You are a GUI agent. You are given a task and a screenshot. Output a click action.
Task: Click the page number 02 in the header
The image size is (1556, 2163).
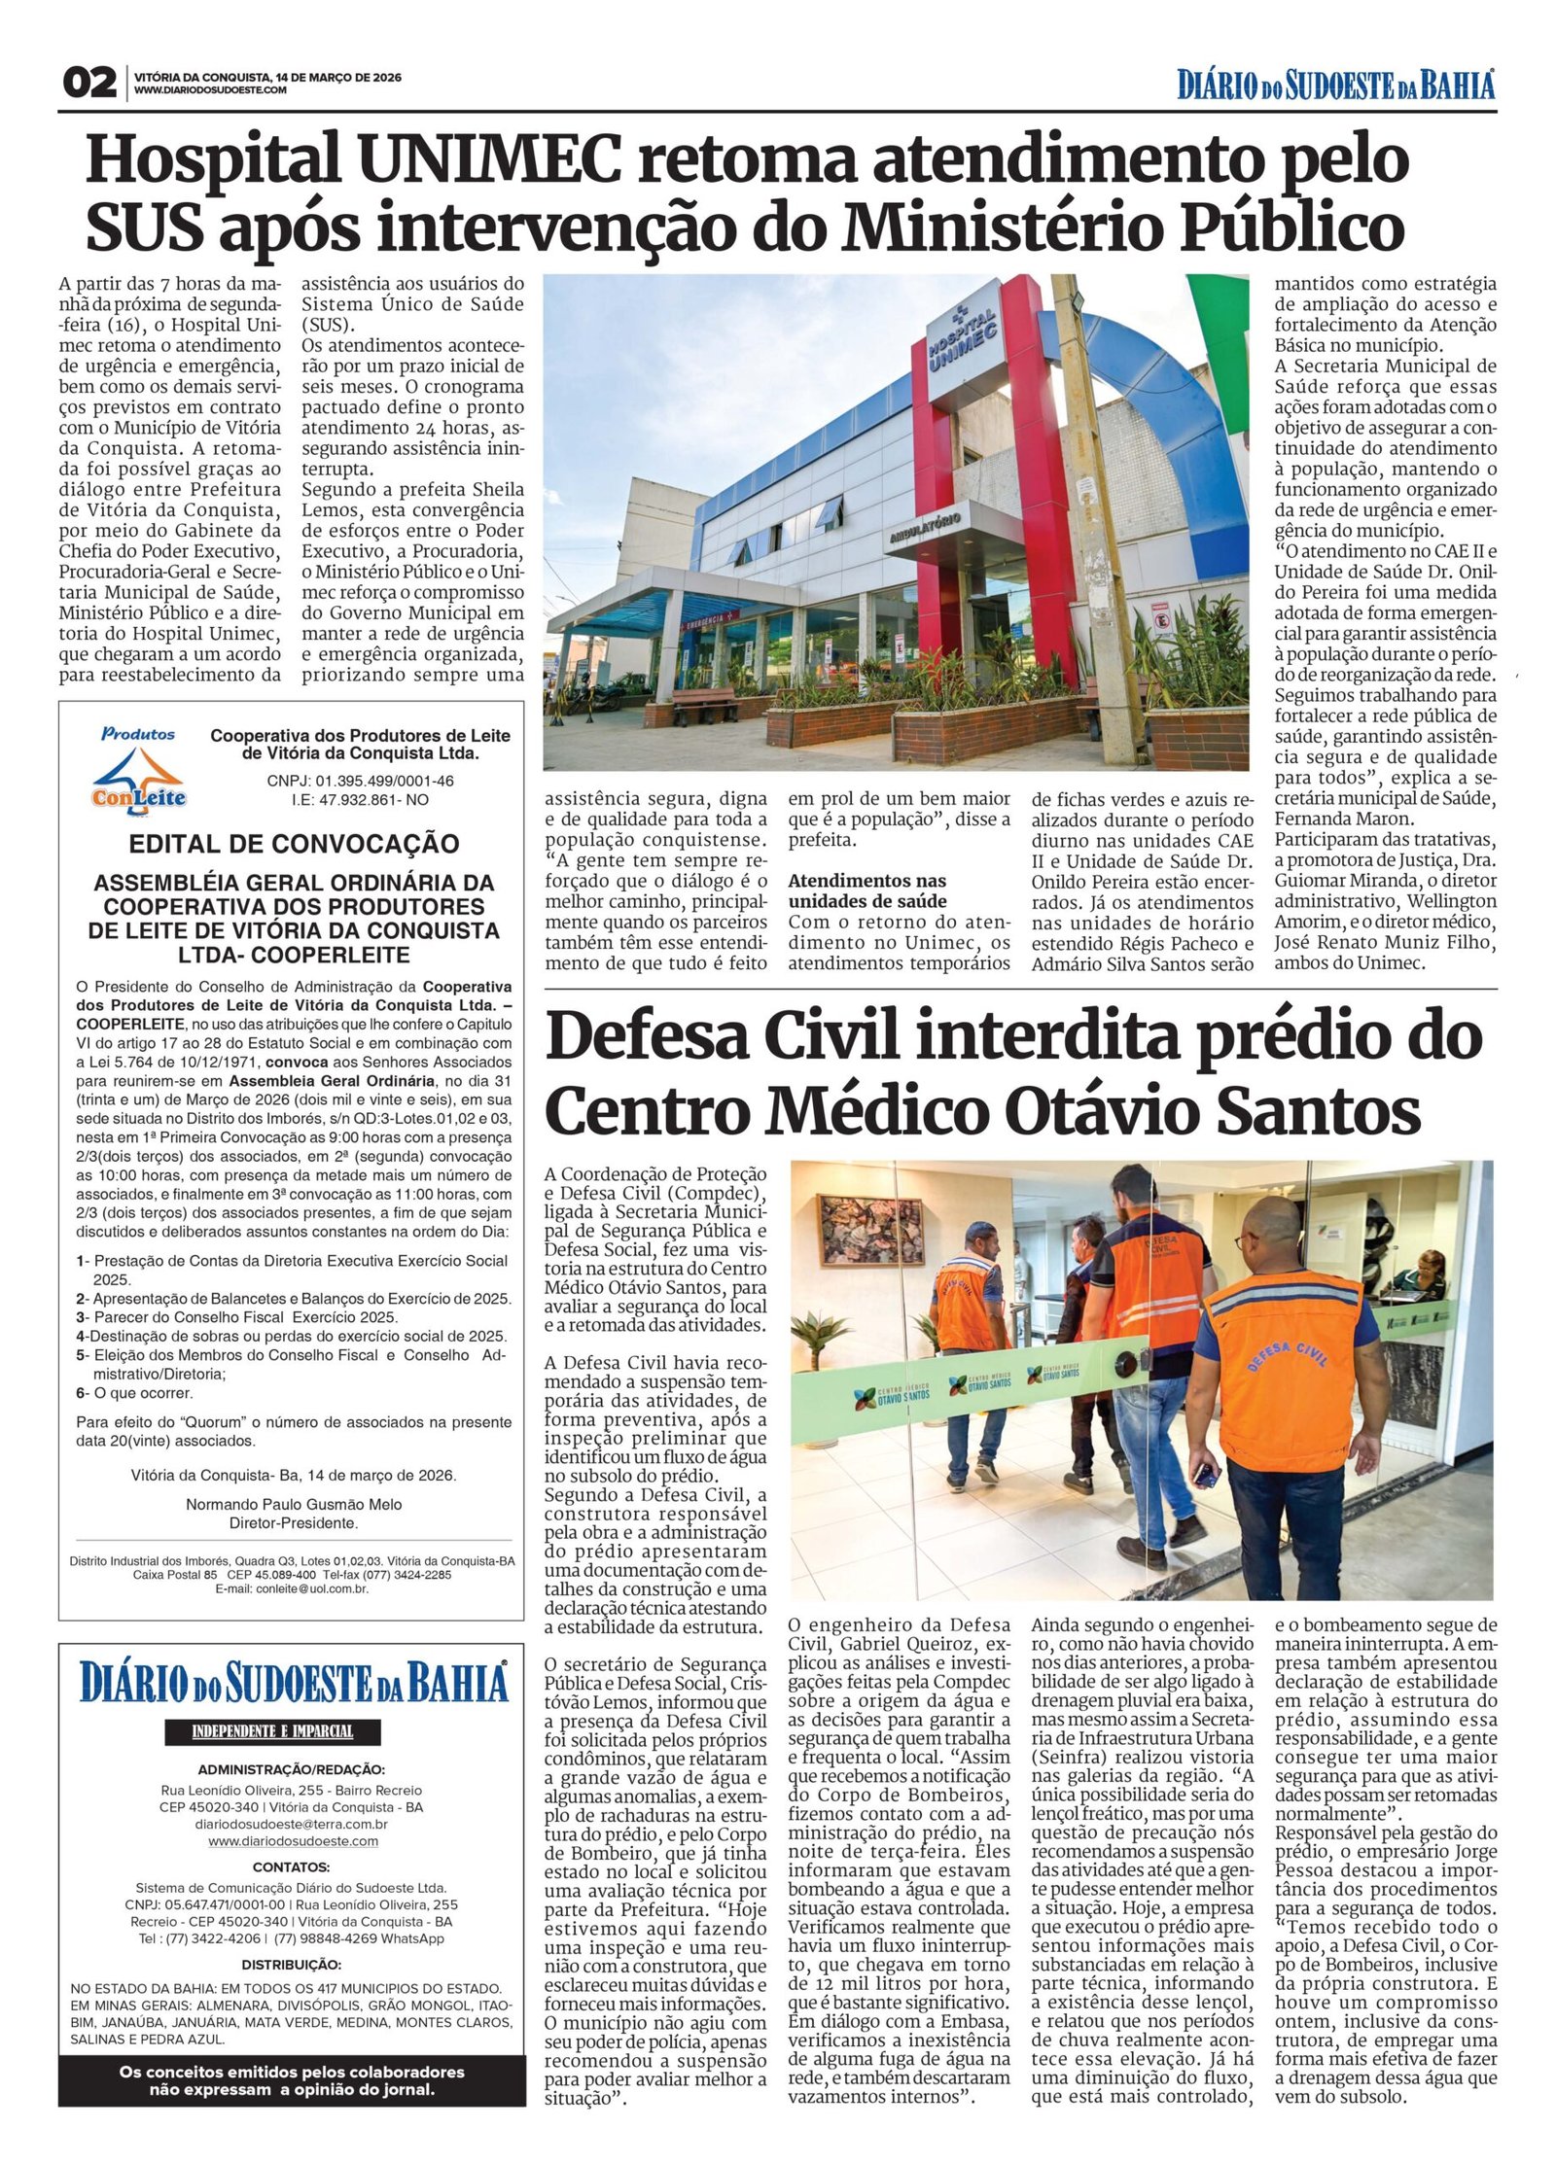(89, 84)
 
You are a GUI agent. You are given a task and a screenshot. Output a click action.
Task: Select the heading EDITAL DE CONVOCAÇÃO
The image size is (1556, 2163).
(294, 843)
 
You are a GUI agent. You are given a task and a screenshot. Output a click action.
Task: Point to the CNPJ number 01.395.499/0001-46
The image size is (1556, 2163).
(360, 781)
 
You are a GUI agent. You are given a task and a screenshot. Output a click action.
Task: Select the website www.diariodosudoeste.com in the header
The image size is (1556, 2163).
(210, 91)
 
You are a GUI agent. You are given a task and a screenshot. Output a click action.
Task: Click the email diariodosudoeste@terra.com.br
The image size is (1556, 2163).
(291, 1826)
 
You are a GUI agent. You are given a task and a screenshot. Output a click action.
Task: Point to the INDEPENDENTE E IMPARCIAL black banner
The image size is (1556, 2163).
(271, 1732)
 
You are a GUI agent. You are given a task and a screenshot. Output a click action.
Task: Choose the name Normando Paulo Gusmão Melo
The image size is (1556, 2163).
(294, 1504)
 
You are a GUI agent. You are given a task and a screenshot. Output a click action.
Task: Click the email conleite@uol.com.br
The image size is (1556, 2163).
(292, 1588)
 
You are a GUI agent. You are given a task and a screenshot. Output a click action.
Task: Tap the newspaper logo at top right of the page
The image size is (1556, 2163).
(1336, 85)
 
